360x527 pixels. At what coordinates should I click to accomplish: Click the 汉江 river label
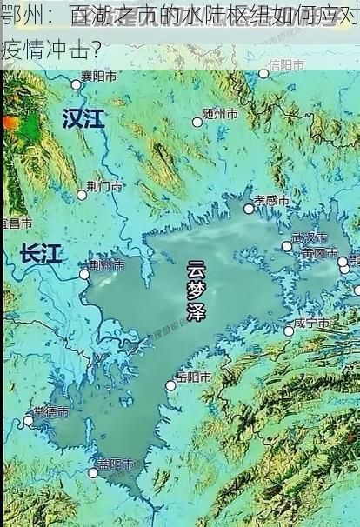pos(83,118)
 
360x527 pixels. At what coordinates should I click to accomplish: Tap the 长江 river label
pos(41,254)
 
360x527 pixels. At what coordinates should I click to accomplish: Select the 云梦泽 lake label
pos(197,291)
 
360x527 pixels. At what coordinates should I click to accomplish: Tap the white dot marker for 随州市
pos(197,122)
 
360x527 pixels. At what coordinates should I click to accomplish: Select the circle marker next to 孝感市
pos(249,208)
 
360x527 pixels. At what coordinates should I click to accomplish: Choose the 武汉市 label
pos(309,237)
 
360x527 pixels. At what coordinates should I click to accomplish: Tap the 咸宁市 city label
pos(310,323)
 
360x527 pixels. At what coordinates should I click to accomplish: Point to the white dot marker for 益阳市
pos(93,472)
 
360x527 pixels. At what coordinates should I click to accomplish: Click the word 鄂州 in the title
pos(20,15)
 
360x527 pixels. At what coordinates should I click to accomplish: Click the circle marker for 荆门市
pos(82,195)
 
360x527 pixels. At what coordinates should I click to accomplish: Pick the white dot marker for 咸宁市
pos(289,331)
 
